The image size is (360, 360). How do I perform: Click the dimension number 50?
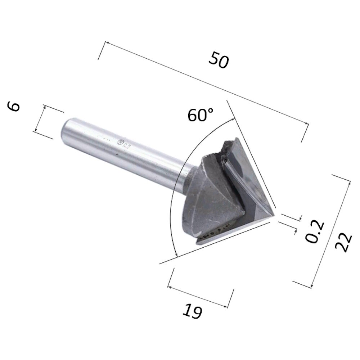tap(219, 60)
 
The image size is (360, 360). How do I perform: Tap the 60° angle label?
tap(201, 115)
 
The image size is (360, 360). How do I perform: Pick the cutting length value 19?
tap(192, 311)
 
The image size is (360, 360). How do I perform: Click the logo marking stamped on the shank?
tap(123, 144)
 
